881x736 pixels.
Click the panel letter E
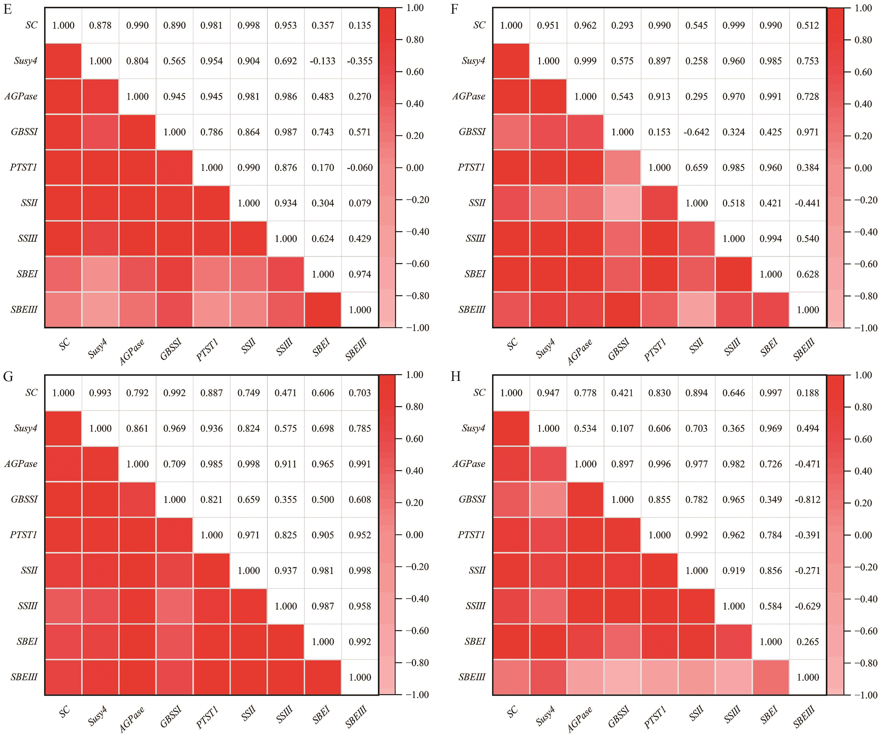7,9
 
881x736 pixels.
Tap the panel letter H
456,377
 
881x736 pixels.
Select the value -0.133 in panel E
323,61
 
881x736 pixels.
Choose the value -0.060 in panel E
360,168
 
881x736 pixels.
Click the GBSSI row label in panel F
472,132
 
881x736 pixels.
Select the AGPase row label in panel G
21,464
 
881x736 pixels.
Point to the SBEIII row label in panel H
472,677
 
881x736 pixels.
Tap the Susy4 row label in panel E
26,61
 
